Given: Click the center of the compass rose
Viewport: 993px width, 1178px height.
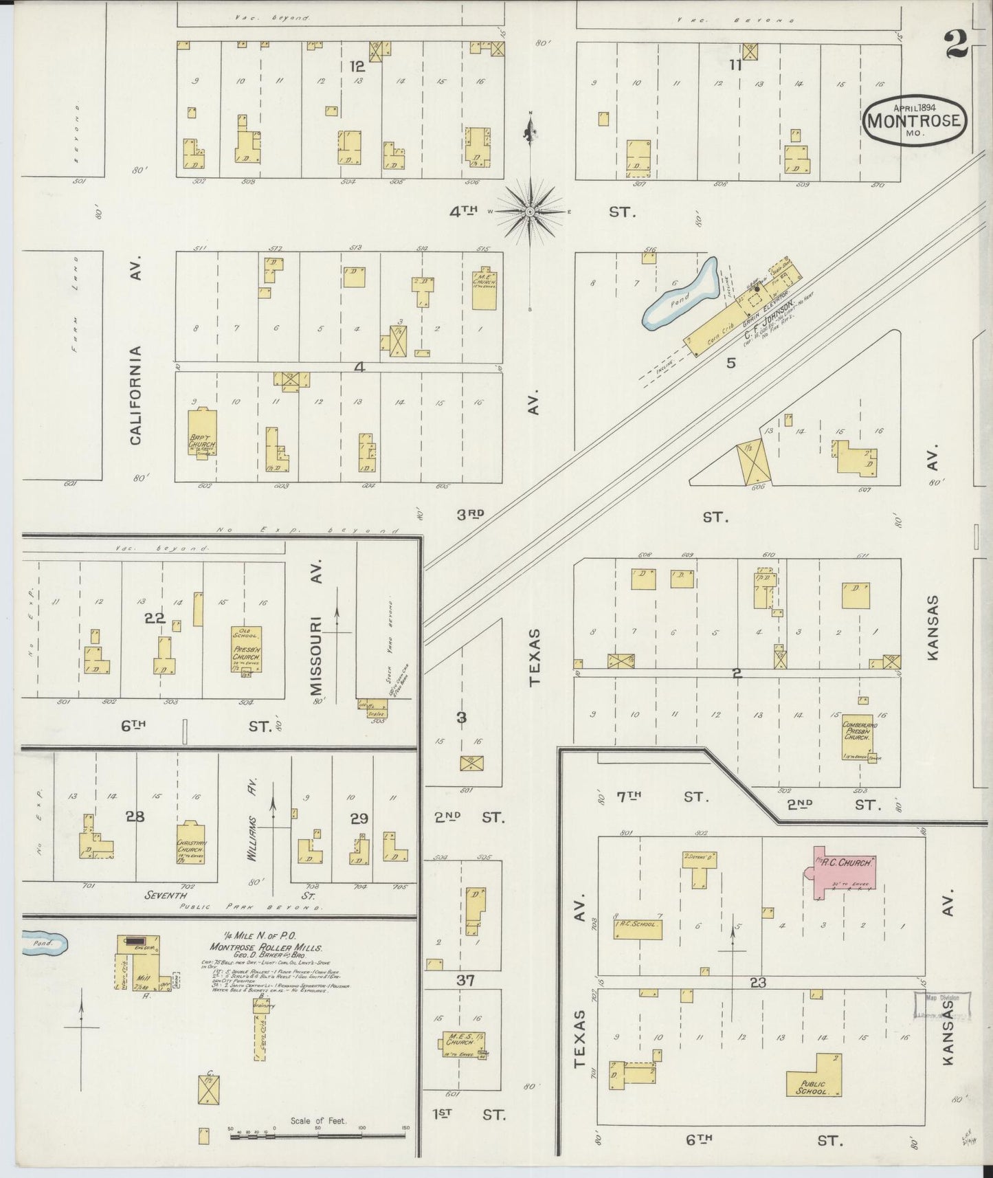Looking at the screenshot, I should tap(530, 212).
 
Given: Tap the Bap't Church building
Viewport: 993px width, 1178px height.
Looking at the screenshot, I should tap(203, 433).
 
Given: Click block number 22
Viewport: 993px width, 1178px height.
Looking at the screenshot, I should tap(155, 618).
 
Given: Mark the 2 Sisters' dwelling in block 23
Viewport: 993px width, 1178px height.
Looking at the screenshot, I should tap(700, 867).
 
